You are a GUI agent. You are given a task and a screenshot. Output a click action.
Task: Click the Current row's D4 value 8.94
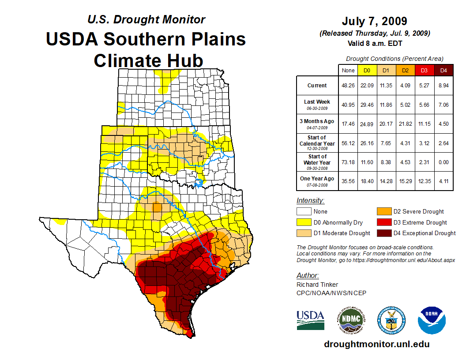[x=443, y=86]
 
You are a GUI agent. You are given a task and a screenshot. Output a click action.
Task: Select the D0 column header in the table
[x=367, y=70]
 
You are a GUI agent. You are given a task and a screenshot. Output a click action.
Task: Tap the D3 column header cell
[x=424, y=70]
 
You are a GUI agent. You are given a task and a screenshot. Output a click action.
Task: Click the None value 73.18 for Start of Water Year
[x=348, y=162]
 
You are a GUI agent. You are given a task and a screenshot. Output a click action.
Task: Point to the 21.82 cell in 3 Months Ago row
[x=405, y=124]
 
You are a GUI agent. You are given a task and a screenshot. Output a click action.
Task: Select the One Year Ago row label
[x=317, y=179]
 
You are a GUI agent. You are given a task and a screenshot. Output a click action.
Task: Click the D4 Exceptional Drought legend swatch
[x=383, y=233]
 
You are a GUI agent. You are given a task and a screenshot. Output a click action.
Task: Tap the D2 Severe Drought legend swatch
[x=383, y=211]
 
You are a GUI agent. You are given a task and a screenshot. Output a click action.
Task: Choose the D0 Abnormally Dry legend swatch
[x=304, y=222]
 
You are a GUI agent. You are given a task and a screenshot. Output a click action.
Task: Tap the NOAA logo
[x=432, y=320]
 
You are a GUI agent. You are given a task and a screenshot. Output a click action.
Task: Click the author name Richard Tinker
[x=317, y=285]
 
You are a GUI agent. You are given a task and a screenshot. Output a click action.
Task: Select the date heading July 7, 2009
[x=374, y=21]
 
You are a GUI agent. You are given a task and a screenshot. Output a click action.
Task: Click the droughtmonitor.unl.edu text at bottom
[x=376, y=344]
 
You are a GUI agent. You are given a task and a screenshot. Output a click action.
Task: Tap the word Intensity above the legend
[x=310, y=201]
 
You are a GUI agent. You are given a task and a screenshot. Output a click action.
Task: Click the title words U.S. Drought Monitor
[x=146, y=19]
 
